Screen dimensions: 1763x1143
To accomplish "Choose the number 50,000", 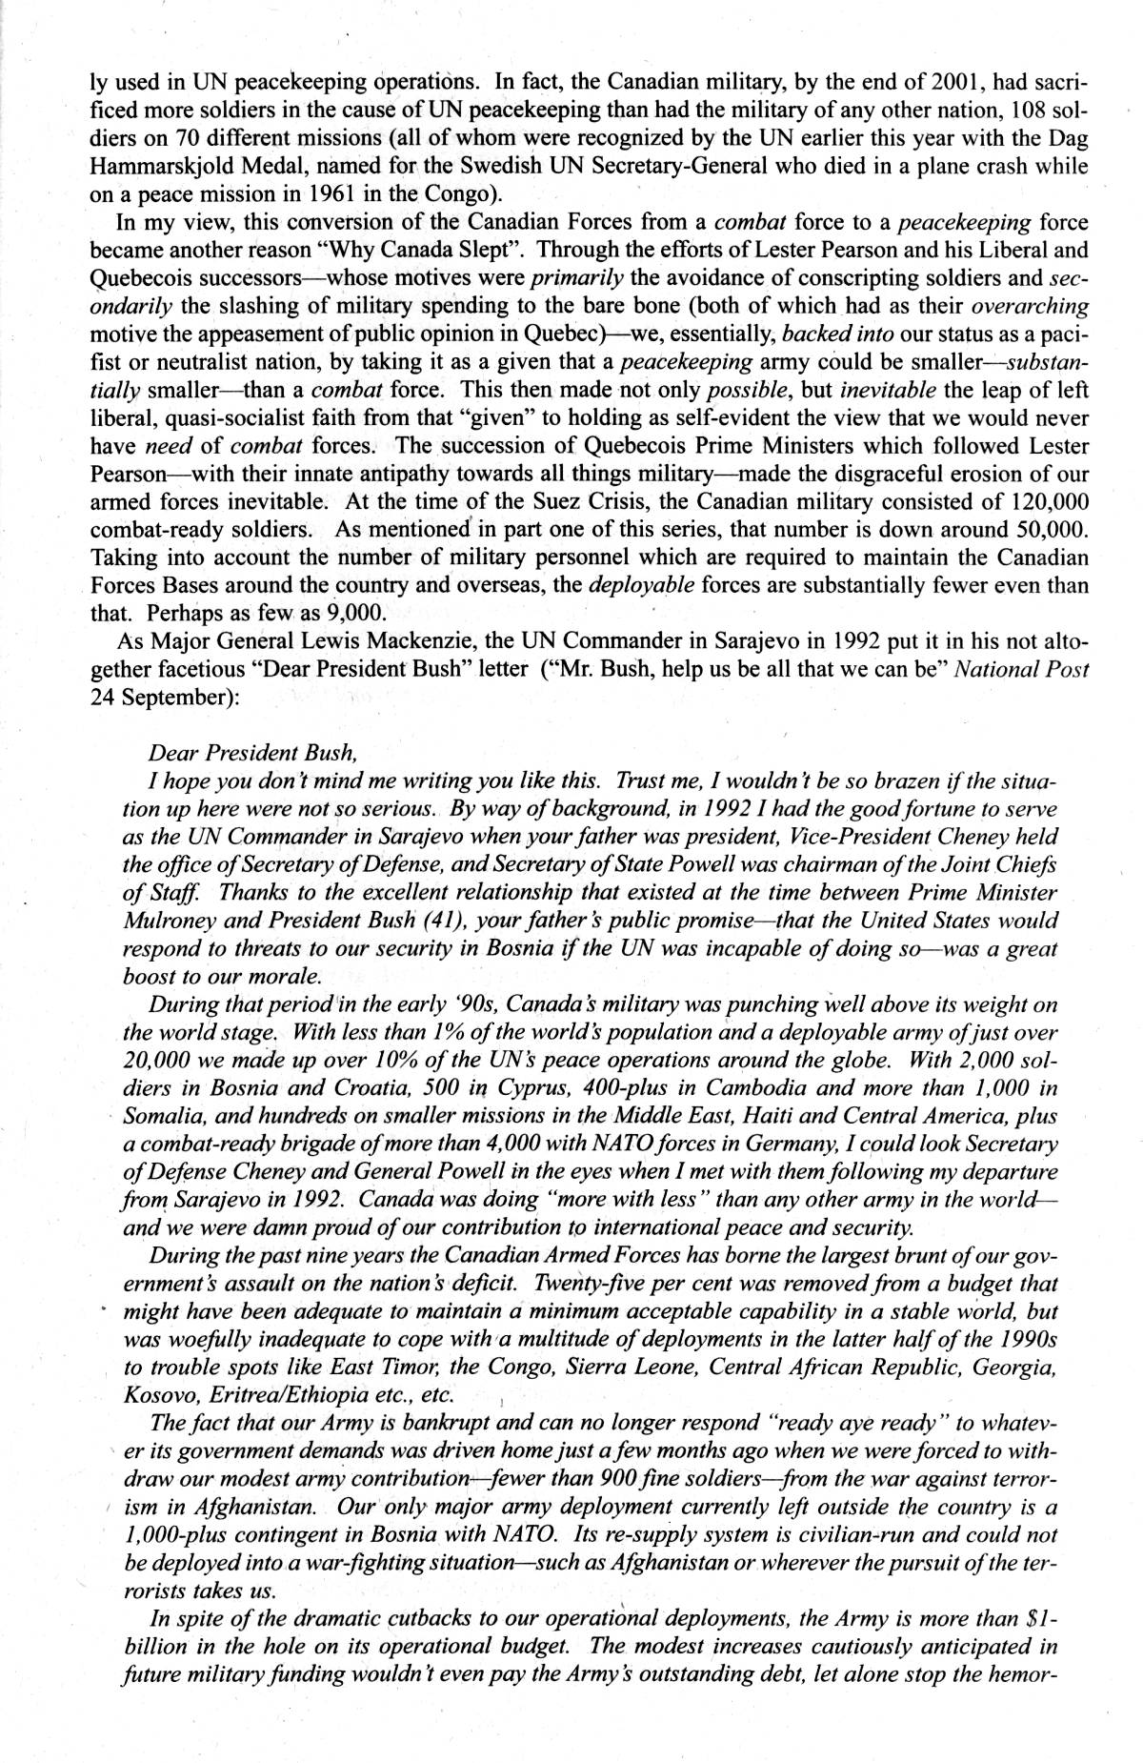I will pyautogui.click(x=1046, y=530).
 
